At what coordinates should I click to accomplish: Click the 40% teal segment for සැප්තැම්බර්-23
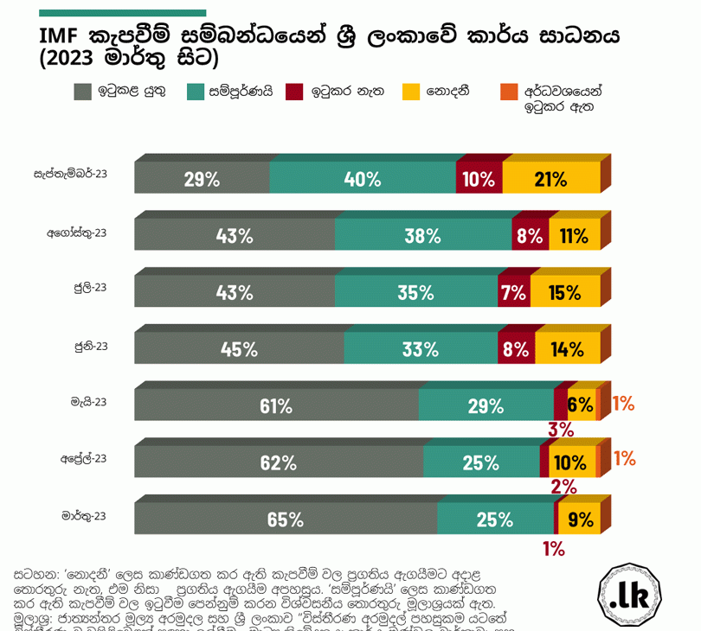click(363, 178)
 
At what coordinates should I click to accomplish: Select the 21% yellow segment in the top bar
click(551, 178)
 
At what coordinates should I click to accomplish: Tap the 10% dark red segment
click(479, 178)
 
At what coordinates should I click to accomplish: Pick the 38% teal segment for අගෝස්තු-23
click(423, 235)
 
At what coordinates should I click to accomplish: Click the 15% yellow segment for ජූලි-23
click(565, 292)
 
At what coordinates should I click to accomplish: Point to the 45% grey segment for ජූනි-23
click(239, 349)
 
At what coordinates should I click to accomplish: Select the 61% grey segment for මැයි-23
click(276, 405)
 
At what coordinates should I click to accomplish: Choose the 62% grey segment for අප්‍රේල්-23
click(279, 462)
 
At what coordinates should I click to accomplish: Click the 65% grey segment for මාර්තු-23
click(286, 519)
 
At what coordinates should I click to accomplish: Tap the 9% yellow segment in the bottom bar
click(580, 519)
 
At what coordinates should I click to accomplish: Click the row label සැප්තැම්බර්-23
click(71, 174)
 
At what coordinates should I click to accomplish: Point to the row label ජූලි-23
click(90, 288)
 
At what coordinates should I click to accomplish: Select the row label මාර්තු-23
click(84, 516)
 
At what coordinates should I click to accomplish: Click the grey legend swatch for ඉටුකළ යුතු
click(83, 92)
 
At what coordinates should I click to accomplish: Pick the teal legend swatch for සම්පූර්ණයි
click(195, 92)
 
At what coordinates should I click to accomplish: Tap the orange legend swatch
click(509, 92)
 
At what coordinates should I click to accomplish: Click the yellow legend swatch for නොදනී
click(411, 92)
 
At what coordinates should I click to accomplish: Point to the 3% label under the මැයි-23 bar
click(561, 429)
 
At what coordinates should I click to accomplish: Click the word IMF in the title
click(61, 38)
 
